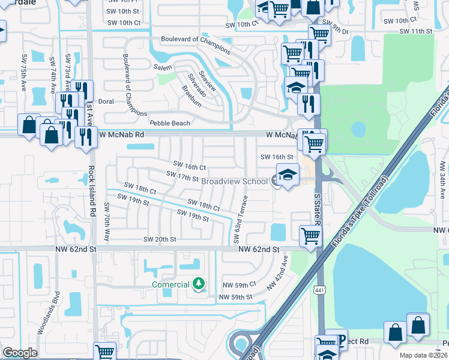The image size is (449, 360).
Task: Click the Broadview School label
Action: click(x=234, y=181)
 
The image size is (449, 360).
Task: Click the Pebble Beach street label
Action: click(x=170, y=123)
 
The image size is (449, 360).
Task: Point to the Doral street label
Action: click(x=106, y=101)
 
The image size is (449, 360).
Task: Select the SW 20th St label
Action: click(x=160, y=239)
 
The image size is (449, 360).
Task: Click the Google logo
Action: click(x=20, y=353)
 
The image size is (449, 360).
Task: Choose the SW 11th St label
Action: click(x=416, y=31)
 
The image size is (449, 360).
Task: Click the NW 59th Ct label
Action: click(x=240, y=284)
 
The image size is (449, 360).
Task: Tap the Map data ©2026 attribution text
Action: click(x=423, y=355)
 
